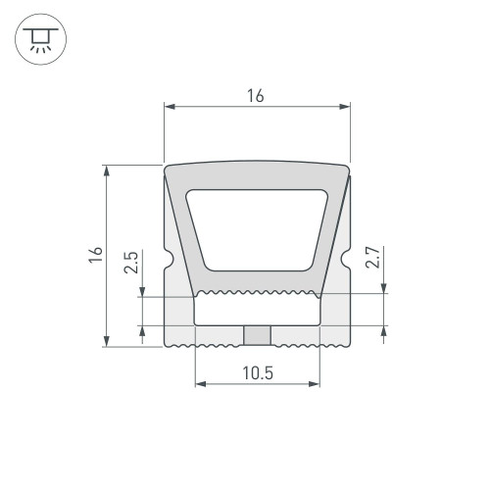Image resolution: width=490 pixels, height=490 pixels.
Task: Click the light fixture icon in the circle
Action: [38, 40]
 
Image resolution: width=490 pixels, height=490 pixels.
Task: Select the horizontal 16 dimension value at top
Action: [256, 95]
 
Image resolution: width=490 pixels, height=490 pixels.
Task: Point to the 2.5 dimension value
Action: [131, 264]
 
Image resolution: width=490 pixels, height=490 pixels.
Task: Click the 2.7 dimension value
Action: [371, 258]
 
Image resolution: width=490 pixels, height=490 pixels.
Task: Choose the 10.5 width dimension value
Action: [257, 372]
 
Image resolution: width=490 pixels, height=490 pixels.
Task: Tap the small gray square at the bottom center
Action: [257, 335]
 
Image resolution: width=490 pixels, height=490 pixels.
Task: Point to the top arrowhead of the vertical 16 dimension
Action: [105, 171]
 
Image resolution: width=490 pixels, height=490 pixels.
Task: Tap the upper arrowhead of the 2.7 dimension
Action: [383, 286]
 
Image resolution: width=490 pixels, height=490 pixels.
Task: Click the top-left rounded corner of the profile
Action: [170, 170]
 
